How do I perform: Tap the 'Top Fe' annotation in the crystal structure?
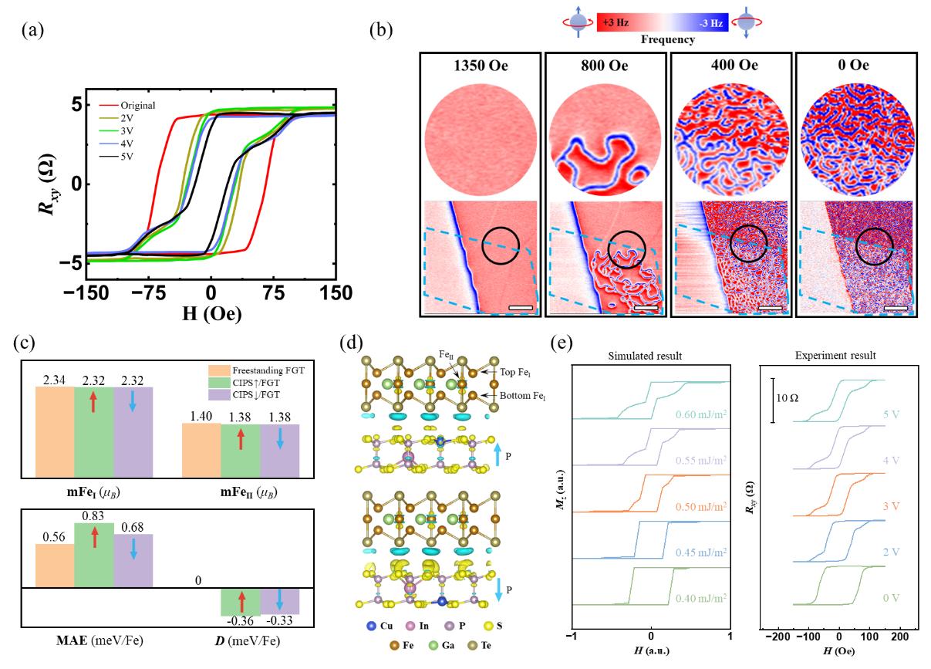click(501, 372)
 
